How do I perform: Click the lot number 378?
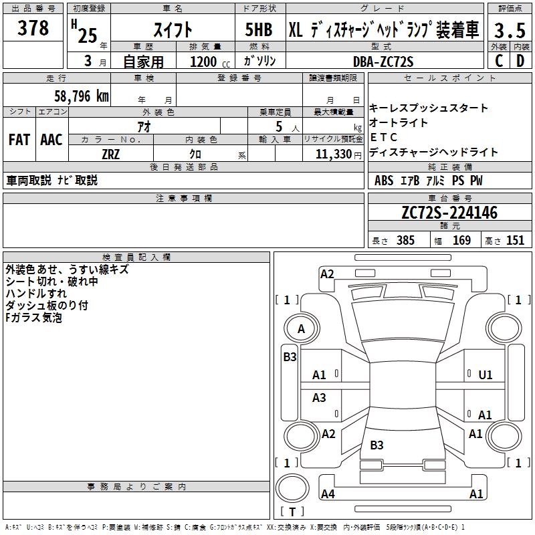tap(33, 28)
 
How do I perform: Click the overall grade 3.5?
tap(510, 30)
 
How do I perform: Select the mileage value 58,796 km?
tap(82, 96)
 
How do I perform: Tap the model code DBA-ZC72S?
tap(383, 62)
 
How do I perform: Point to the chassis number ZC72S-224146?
tap(449, 213)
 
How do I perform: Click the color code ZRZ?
tap(110, 154)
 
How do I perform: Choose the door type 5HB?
tap(259, 29)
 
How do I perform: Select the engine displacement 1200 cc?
tap(210, 62)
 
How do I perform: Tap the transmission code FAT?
tap(19, 140)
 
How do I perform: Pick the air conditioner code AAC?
tap(51, 140)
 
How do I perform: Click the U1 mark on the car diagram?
tap(486, 375)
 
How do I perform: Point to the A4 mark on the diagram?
tap(328, 494)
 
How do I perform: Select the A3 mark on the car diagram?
tap(319, 397)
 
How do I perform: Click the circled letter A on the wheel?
tap(302, 329)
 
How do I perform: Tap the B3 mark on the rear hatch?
tap(377, 445)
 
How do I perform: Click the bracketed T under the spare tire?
tap(292, 512)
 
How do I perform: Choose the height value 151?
tap(515, 240)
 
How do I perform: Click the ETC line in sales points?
tap(383, 137)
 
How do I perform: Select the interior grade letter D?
tap(520, 61)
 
